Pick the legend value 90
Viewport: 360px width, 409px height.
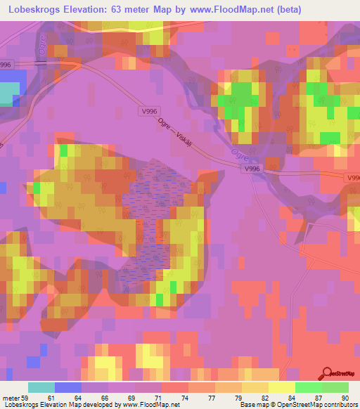tap(345, 399)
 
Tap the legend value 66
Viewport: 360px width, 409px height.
tap(92, 399)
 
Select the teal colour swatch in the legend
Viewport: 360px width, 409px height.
tap(41, 387)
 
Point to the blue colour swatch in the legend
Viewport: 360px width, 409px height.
tap(68, 387)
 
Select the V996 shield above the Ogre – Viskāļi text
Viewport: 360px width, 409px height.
tap(148, 111)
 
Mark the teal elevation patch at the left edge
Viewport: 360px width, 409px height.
tap(9, 94)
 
